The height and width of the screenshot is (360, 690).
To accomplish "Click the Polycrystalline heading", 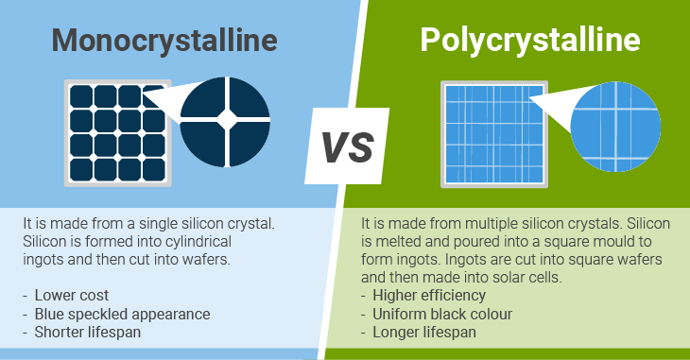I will pyautogui.click(x=529, y=41).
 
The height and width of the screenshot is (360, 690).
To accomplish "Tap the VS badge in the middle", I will pyautogui.click(x=345, y=146).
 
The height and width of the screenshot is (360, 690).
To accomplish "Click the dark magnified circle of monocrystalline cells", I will pyautogui.click(x=225, y=118).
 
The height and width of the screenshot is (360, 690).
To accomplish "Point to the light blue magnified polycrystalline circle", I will pyautogui.click(x=615, y=124).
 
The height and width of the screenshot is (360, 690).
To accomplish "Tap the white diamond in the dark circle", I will pyautogui.click(x=226, y=119).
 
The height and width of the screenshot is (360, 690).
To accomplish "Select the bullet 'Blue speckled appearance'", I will pyautogui.click(x=122, y=313).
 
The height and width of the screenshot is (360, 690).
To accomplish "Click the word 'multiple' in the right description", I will pyautogui.click(x=494, y=224).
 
